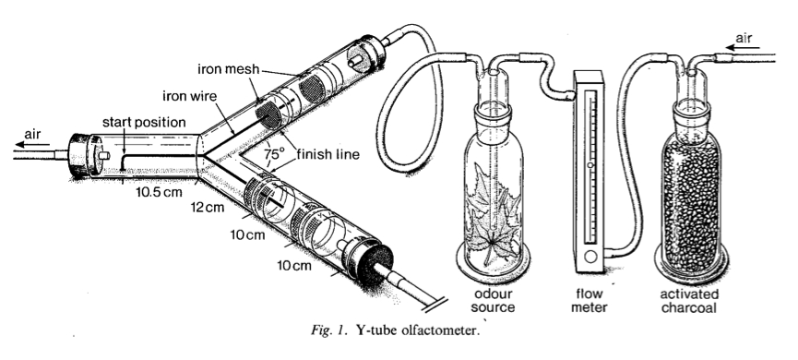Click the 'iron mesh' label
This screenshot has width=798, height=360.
pyautogui.click(x=229, y=68)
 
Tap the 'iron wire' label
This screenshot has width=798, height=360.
pyautogui.click(x=189, y=96)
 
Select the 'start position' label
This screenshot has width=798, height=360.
pyautogui.click(x=144, y=122)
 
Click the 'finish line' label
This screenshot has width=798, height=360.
pyautogui.click(x=328, y=153)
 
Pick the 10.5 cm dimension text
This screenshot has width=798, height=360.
pyautogui.click(x=159, y=193)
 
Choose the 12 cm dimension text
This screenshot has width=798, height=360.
pyautogui.click(x=208, y=207)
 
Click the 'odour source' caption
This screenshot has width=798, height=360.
pyautogui.click(x=493, y=300)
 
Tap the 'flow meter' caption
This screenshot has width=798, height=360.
pyautogui.click(x=590, y=300)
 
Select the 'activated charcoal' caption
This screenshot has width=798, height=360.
pyautogui.click(x=689, y=301)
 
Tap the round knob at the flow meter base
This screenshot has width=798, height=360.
pyautogui.click(x=590, y=257)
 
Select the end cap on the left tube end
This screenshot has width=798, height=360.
pyautogui.click(x=79, y=155)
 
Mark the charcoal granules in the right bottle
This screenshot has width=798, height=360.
pyautogui.click(x=692, y=205)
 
